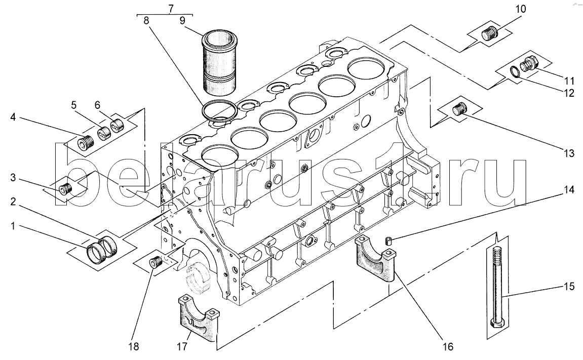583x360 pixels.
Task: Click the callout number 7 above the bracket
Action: tap(171, 8)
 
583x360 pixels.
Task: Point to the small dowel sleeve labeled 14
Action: tap(390, 241)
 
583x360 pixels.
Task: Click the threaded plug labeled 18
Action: tap(154, 263)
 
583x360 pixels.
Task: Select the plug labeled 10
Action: tap(489, 34)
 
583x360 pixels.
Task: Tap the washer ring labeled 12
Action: tap(515, 71)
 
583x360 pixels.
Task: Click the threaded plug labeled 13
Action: tap(459, 110)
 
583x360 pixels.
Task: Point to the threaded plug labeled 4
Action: tap(86, 142)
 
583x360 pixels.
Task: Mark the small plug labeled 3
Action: tap(66, 188)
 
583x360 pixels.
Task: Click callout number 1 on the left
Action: tap(13, 225)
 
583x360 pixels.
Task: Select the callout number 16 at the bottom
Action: tap(448, 347)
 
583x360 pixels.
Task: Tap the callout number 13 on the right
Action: tap(569, 152)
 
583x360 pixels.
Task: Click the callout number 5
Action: tap(74, 105)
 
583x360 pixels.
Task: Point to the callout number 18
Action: tap(134, 347)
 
